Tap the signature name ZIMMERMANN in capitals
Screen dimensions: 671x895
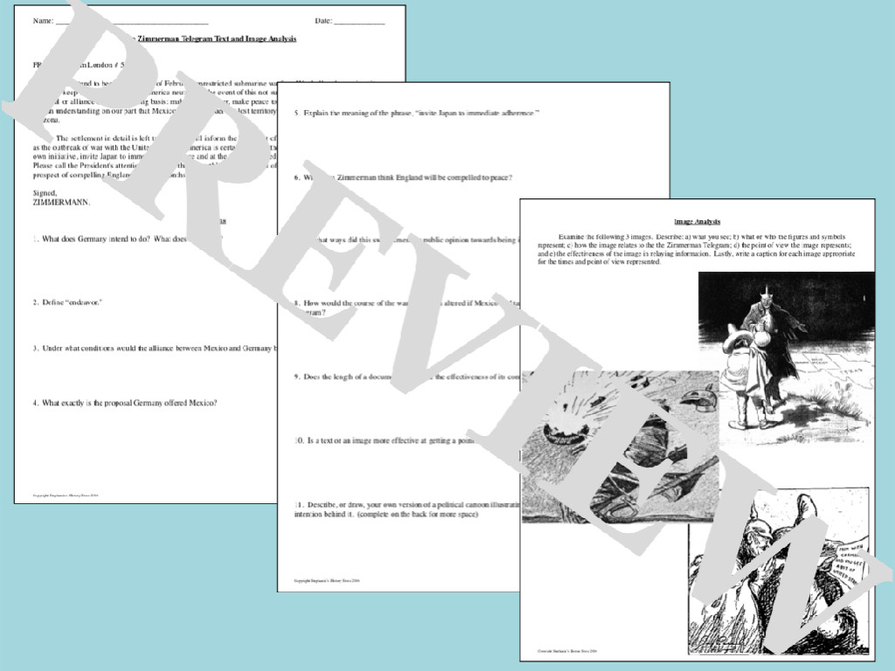pos(60,203)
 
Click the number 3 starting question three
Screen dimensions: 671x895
pos(35,348)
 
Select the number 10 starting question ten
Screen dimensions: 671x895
pos(298,441)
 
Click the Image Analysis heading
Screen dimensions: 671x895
pos(697,222)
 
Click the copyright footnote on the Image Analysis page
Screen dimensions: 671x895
pos(566,651)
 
